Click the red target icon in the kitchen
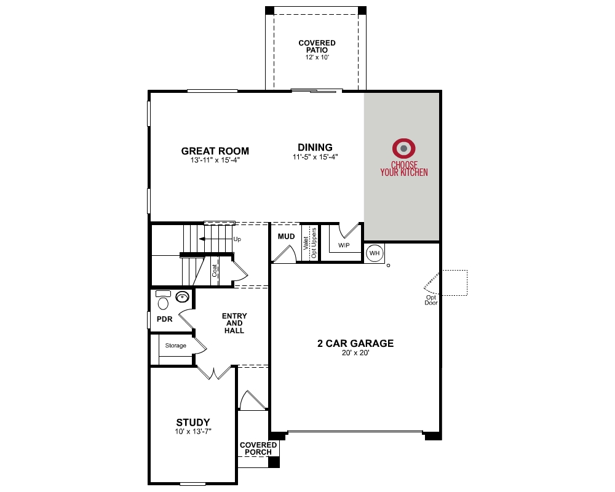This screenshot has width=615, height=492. [404, 148]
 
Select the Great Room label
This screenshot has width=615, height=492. [207, 151]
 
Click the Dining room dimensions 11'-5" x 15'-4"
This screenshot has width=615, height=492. [315, 157]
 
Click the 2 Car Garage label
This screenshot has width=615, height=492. [355, 344]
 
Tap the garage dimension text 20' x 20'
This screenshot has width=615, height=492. [355, 354]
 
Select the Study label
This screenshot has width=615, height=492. [193, 423]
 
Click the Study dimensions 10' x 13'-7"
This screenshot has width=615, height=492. [193, 432]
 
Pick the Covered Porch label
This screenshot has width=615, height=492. [258, 448]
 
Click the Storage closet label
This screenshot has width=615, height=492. [175, 346]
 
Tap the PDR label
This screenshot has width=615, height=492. [164, 319]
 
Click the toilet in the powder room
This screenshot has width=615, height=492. [163, 301]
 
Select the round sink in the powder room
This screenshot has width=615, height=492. [183, 297]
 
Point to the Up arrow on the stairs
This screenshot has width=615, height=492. [213, 239]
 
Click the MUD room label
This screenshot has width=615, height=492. [286, 236]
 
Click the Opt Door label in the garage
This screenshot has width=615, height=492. [431, 300]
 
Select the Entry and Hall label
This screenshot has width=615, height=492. [234, 323]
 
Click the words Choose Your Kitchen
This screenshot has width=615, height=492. [403, 169]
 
